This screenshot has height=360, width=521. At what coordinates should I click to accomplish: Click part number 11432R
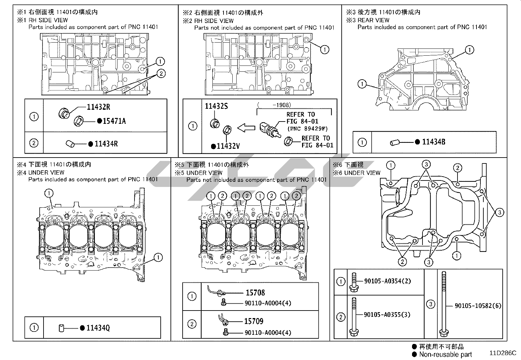click(99, 107)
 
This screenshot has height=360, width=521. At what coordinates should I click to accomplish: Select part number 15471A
click(114, 121)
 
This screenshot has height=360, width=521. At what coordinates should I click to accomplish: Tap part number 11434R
click(106, 144)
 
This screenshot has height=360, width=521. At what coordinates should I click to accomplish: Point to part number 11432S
click(216, 106)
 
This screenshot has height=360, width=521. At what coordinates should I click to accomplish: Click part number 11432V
click(228, 146)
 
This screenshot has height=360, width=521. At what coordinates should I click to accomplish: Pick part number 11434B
click(434, 142)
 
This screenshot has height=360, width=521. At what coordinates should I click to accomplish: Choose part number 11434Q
click(98, 328)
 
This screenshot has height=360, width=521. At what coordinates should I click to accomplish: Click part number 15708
click(255, 293)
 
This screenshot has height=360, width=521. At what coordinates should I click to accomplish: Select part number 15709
click(254, 321)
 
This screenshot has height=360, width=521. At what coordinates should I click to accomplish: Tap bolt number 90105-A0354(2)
click(387, 281)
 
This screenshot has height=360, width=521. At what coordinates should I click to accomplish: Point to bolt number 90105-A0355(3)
click(387, 314)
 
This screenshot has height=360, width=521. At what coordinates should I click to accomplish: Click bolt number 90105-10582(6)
click(478, 306)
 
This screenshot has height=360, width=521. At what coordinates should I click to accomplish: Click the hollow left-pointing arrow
click(246, 128)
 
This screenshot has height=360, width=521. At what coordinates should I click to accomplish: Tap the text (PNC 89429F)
click(308, 129)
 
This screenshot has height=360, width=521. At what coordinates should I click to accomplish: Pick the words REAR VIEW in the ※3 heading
click(373, 20)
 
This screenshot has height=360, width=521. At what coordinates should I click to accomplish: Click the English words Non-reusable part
click(445, 354)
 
